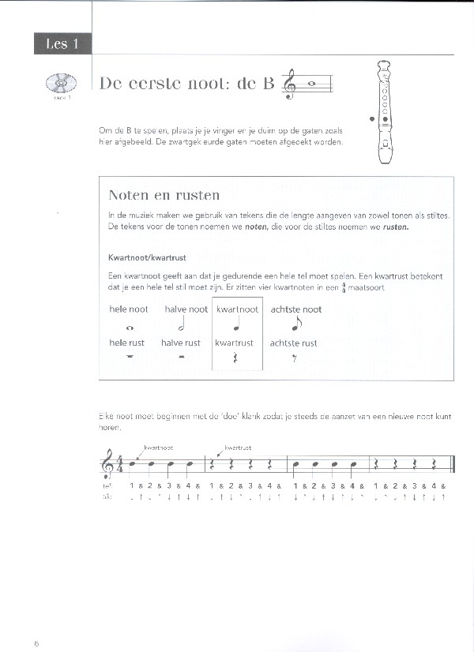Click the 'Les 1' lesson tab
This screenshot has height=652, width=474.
62,44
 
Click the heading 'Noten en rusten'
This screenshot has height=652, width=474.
164,195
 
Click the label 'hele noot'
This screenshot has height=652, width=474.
128,309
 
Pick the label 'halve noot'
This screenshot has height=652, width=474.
186,309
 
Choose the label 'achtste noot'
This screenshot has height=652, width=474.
295,309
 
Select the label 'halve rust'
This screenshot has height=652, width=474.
181,343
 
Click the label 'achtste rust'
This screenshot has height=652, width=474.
293,343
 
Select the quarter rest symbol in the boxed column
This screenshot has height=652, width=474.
237,358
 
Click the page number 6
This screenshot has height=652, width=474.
36,643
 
